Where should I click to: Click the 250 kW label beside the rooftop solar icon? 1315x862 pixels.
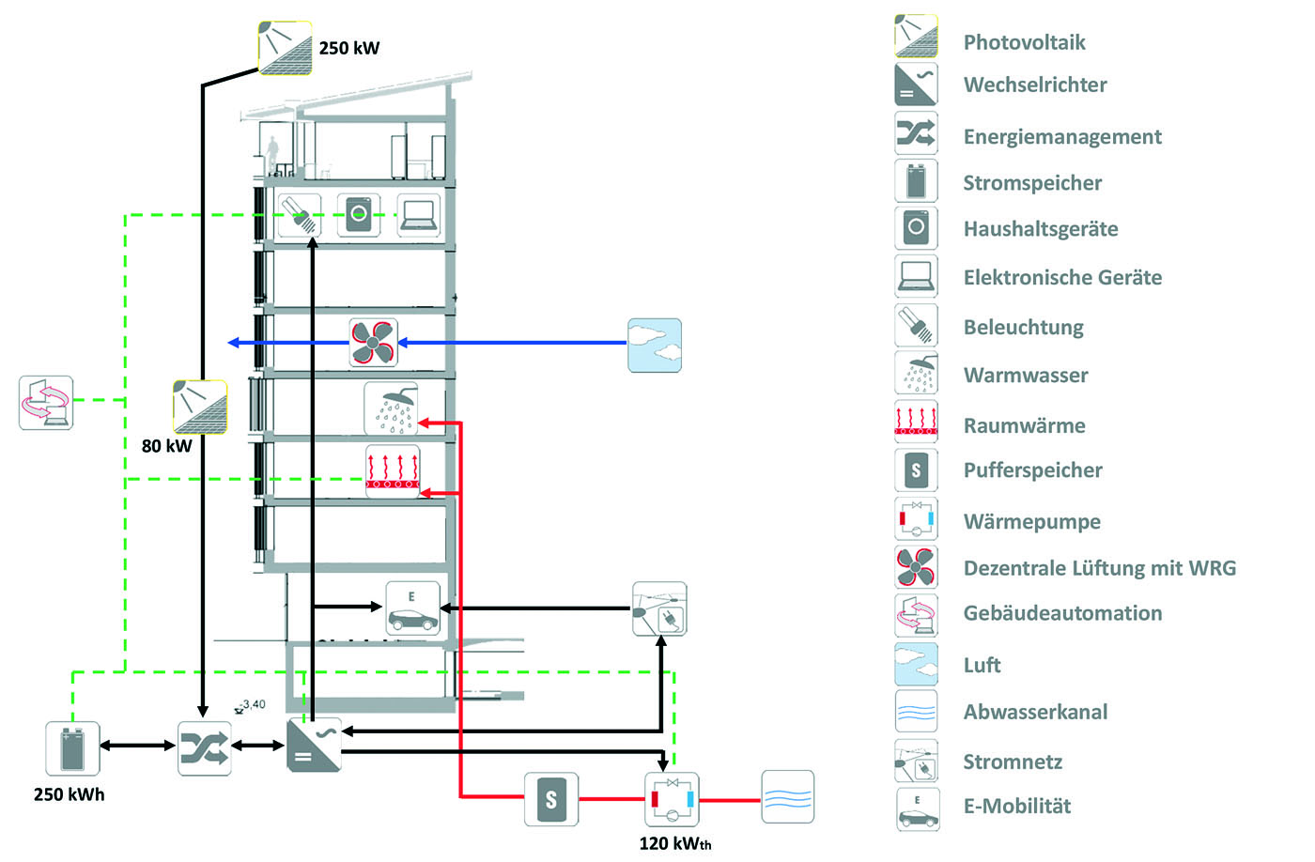tap(348, 48)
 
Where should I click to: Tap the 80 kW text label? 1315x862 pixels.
tap(166, 446)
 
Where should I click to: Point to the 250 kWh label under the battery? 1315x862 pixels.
tap(69, 794)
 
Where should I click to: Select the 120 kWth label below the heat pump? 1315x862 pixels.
tap(674, 843)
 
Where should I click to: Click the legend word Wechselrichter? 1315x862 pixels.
tap(1035, 85)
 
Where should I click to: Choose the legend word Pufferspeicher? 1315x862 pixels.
tap(1032, 470)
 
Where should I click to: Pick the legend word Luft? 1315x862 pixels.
tap(982, 665)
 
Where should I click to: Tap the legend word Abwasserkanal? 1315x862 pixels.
tap(1035, 712)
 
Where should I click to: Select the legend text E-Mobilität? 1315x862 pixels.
tap(1016, 806)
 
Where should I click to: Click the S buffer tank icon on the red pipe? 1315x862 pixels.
tap(551, 799)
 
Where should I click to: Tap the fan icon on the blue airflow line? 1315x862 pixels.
tap(373, 343)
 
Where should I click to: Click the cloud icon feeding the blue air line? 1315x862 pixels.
tap(655, 345)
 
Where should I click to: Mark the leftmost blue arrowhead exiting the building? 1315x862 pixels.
tap(234, 343)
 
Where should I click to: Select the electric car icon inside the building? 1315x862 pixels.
tap(412, 609)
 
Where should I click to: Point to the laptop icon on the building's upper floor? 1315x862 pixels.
tap(418, 216)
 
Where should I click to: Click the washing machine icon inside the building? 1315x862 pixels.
tap(359, 215)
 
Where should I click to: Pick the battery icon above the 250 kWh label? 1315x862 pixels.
tap(72, 747)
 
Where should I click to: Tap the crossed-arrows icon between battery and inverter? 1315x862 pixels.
tap(205, 747)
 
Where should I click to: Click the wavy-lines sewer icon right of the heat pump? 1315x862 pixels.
tap(787, 798)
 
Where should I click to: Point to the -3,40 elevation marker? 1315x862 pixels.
tap(251, 705)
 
